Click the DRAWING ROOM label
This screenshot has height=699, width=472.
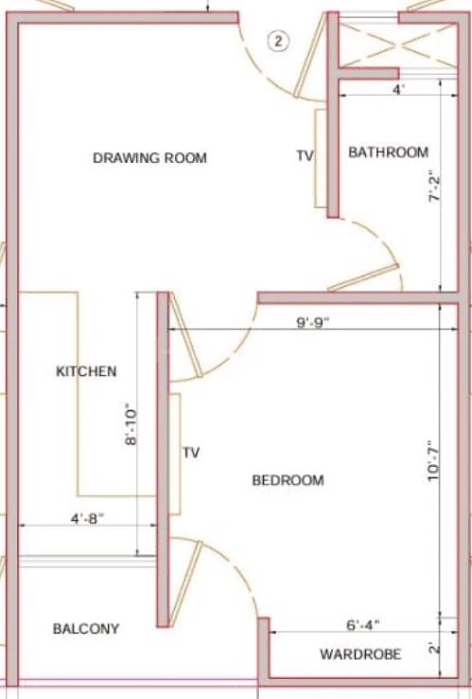[149, 158]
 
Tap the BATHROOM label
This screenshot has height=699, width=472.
[388, 152]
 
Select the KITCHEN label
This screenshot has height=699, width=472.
[86, 371]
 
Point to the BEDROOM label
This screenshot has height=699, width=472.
[288, 480]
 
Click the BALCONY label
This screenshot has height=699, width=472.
[86, 629]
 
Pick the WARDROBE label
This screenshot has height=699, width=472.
[360, 654]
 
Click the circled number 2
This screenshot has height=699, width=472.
[278, 42]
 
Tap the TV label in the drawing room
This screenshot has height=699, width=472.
[305, 155]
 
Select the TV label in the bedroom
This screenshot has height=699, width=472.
[191, 453]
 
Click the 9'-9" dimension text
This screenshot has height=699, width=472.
[313, 322]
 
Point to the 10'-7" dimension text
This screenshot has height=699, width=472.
[433, 461]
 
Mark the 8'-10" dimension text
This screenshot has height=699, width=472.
[131, 425]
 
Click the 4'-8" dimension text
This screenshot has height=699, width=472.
[87, 519]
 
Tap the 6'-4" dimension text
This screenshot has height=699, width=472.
[363, 625]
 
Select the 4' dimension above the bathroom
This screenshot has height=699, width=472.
[398, 90]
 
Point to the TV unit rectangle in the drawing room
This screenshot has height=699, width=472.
[321, 158]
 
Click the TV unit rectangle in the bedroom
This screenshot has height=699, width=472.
[175, 455]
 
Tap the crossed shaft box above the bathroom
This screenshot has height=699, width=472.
[398, 45]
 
